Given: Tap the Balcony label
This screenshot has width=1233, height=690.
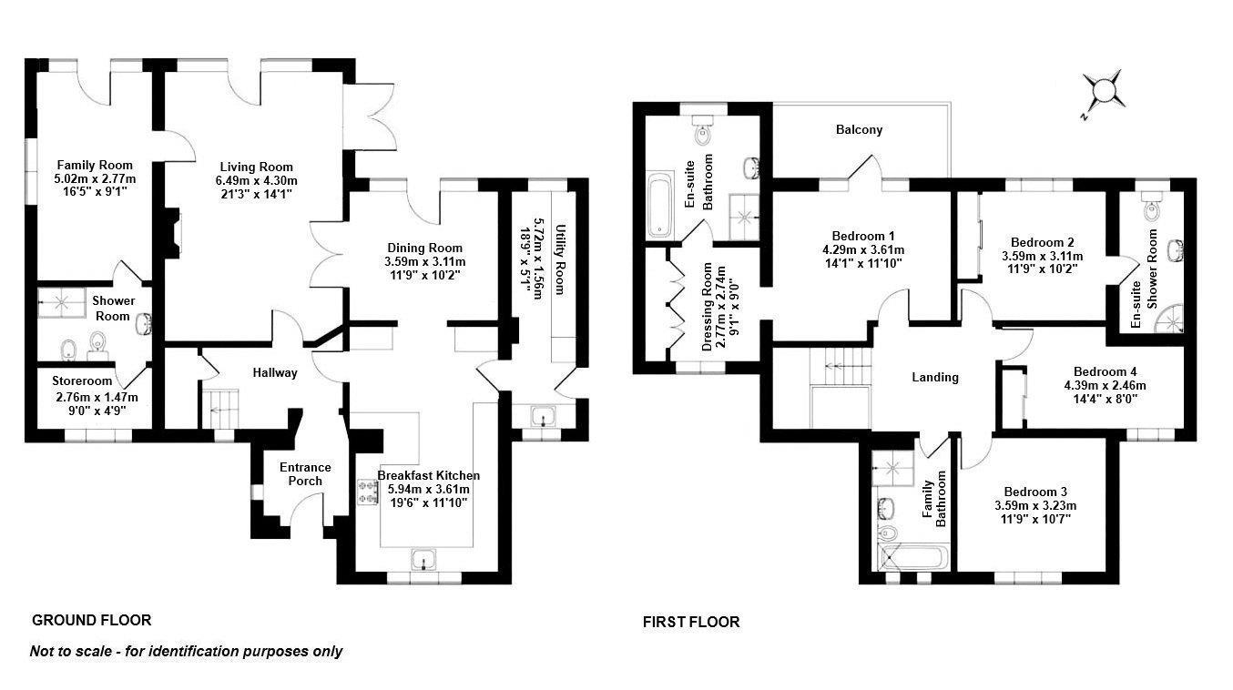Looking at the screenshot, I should click(859, 130).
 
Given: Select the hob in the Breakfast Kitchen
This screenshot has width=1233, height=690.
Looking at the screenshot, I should click(369, 492).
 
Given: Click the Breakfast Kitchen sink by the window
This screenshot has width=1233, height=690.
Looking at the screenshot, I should click(423, 559).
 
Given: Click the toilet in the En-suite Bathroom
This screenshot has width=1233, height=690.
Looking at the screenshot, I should click(701, 132).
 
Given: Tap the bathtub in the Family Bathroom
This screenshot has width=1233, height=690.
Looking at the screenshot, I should click(913, 557).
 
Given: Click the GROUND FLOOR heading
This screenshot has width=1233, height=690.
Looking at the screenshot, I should click(91, 621).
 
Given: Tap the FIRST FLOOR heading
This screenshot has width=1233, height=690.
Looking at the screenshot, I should click(691, 623).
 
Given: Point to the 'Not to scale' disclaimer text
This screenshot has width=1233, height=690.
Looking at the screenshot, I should click(187, 651).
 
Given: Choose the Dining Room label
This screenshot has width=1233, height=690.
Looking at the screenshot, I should click(424, 248).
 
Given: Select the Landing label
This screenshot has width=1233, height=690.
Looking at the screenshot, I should click(935, 377).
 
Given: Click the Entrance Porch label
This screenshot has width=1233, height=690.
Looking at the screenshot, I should click(305, 473).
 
